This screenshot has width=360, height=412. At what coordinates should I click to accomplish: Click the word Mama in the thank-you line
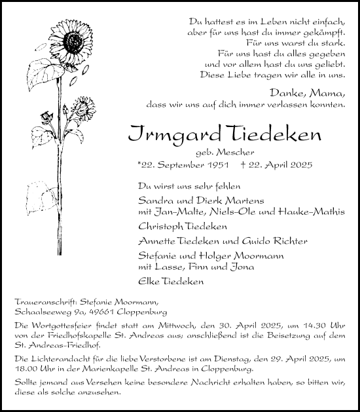tap(333, 93)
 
